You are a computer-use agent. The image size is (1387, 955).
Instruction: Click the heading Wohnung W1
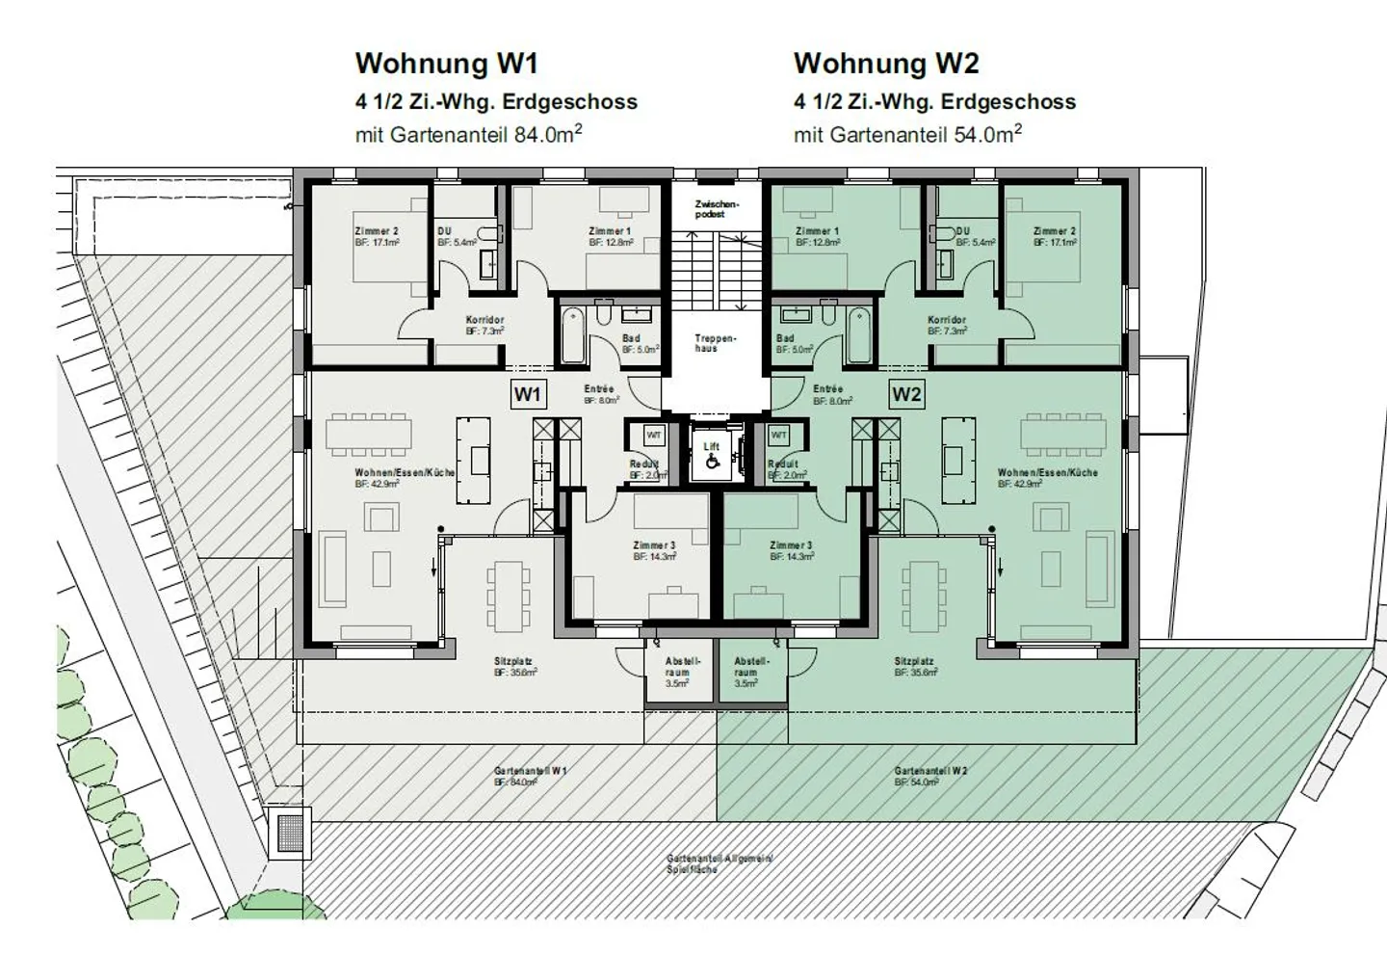446,64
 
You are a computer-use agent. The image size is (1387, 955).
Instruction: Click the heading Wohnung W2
885,64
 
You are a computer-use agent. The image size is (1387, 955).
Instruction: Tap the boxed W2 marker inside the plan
905,394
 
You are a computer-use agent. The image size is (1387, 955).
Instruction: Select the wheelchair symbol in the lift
712,462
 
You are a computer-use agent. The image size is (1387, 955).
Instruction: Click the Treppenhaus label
715,343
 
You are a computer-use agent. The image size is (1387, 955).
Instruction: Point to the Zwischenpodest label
716,209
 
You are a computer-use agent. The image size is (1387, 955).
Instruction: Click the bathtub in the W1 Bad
572,333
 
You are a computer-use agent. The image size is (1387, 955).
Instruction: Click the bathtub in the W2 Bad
859,333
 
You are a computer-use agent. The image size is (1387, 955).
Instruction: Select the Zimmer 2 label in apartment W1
377,231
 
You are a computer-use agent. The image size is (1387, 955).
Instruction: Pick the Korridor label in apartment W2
947,320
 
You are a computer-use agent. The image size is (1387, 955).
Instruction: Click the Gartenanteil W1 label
530,772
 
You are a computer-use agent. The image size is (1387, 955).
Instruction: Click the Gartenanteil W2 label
929,772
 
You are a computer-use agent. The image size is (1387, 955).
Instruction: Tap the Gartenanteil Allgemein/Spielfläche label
719,863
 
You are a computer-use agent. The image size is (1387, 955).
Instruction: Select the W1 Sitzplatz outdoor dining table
509,596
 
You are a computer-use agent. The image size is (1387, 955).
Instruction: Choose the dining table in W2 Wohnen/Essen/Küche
1063,436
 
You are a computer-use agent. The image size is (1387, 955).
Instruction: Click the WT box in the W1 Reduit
654,436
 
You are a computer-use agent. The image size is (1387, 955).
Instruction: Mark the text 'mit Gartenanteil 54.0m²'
906,134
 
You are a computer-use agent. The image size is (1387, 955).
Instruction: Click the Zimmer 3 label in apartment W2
792,545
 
